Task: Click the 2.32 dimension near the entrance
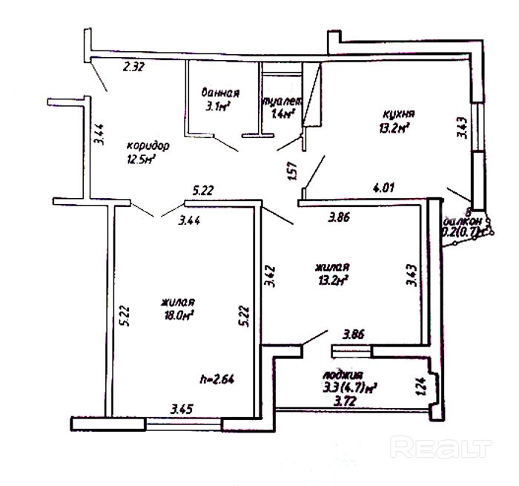(x=133, y=67)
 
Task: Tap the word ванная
(x=220, y=93)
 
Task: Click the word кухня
(x=398, y=114)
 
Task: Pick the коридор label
(x=148, y=145)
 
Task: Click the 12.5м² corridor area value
(x=143, y=159)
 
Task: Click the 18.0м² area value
(x=177, y=315)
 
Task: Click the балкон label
(x=463, y=220)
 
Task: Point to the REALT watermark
(x=440, y=447)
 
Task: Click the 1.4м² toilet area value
(x=283, y=114)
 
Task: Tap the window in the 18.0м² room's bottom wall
(x=183, y=424)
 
